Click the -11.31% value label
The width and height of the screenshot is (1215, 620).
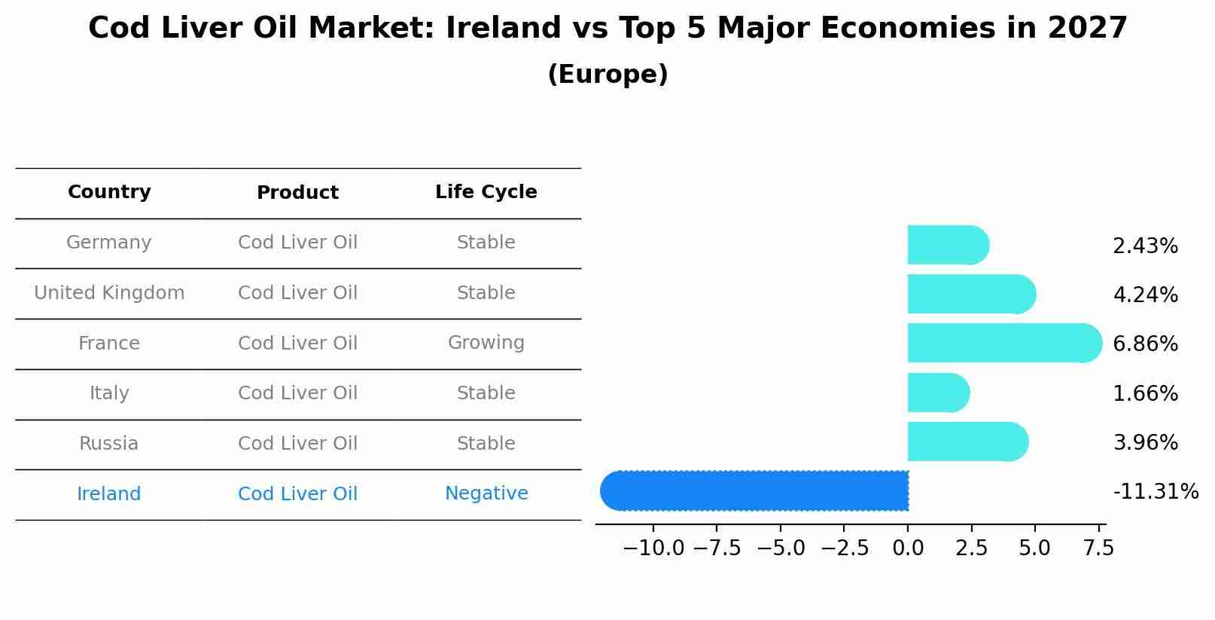(x=1155, y=492)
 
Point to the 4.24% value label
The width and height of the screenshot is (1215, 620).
(x=1145, y=295)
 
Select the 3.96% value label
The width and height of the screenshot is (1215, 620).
(x=1145, y=442)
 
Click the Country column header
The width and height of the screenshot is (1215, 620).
(x=109, y=192)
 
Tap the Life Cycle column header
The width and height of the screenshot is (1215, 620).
(x=486, y=192)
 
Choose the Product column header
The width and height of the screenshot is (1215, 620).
(x=297, y=193)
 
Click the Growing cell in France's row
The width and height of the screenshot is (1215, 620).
(x=486, y=343)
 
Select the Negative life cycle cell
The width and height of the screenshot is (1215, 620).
(x=486, y=493)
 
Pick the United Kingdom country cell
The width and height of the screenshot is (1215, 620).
(x=109, y=293)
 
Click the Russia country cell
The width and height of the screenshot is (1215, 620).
(x=109, y=444)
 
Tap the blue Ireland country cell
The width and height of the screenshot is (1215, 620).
(x=109, y=494)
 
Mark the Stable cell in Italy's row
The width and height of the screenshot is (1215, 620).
(x=486, y=393)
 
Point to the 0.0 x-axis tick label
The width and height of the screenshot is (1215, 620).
(x=908, y=548)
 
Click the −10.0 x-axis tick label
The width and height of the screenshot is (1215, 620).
(x=653, y=548)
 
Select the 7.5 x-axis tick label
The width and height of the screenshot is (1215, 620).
(x=1098, y=548)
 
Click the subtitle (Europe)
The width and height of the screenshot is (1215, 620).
(x=607, y=75)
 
